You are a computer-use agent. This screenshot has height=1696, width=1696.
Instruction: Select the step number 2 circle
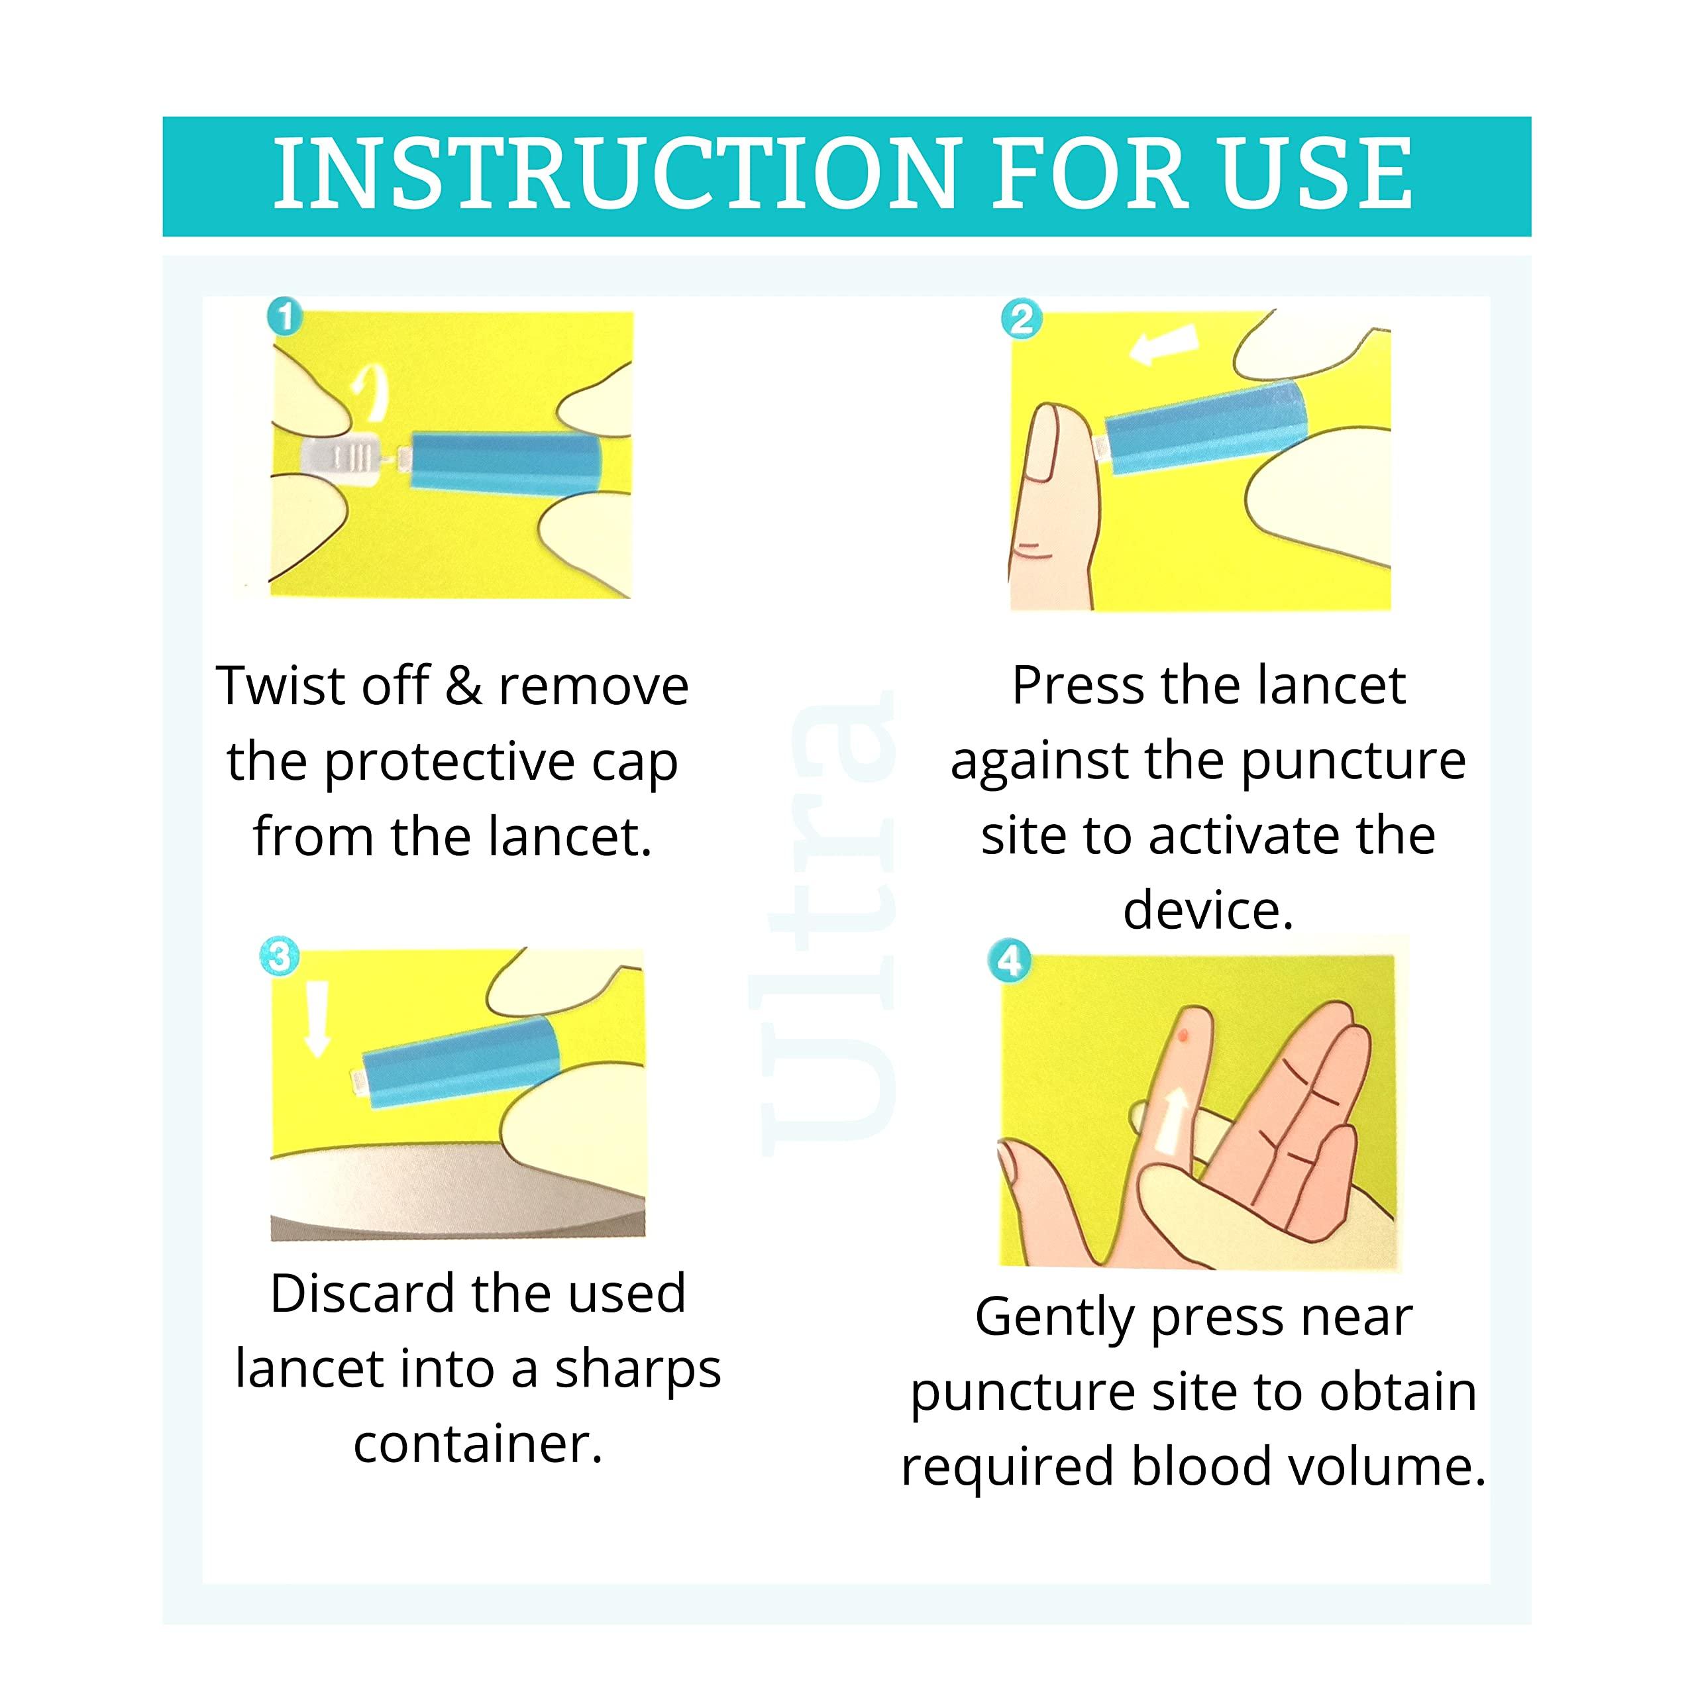1021,319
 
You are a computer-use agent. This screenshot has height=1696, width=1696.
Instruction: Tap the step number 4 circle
1010,961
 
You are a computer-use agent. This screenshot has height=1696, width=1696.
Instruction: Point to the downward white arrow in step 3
316,1018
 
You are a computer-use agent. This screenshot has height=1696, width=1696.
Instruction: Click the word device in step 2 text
1208,910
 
